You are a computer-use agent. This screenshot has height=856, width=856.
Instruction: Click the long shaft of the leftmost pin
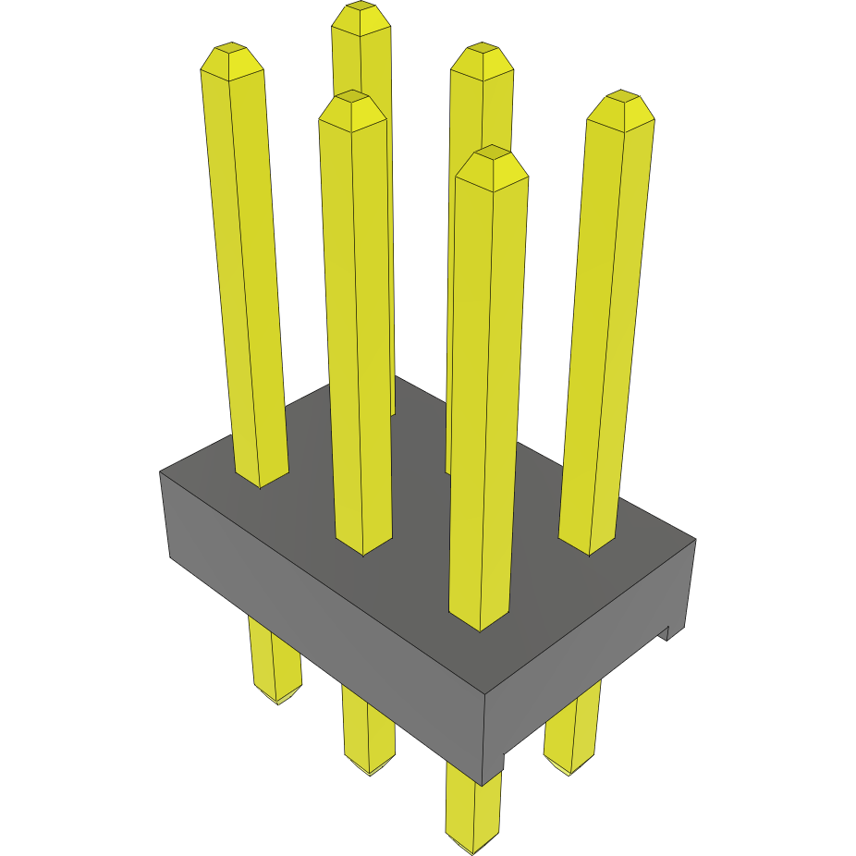245,277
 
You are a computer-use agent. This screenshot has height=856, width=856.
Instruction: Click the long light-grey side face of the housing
324,629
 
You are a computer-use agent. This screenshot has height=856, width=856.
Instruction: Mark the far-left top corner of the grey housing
160,472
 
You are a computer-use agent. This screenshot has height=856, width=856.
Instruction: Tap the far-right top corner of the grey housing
695,539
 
